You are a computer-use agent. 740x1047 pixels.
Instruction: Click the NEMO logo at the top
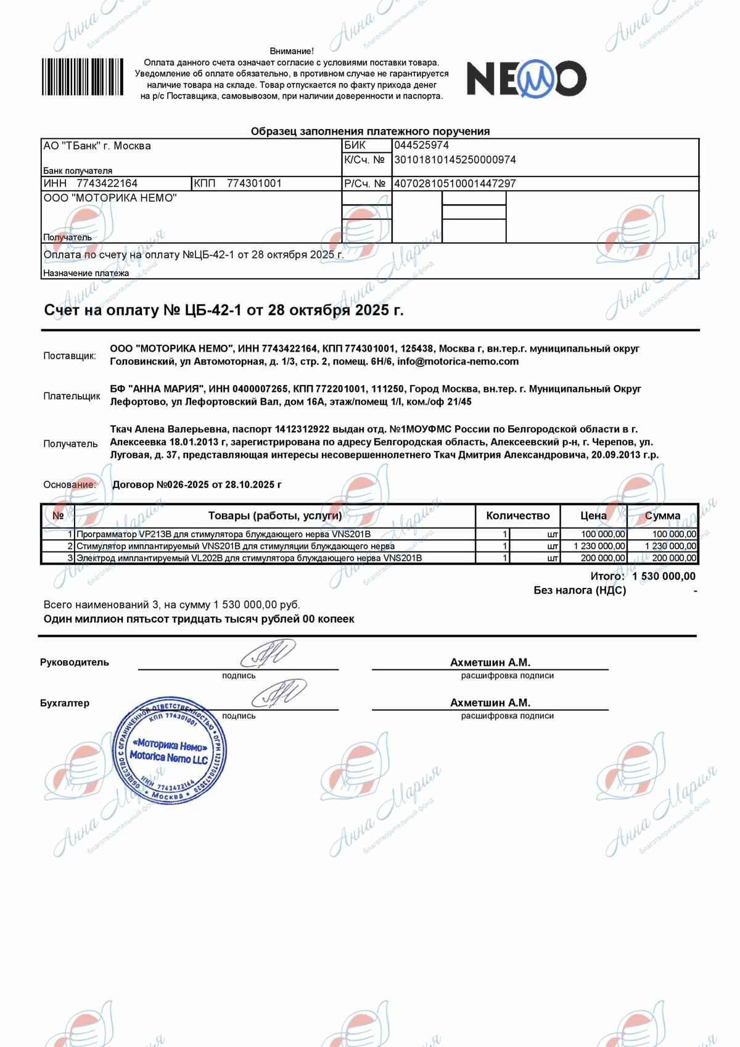tap(525, 78)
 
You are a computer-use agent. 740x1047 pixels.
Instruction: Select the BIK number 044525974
tap(421, 146)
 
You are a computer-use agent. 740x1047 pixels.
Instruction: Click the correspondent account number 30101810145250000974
tap(454, 160)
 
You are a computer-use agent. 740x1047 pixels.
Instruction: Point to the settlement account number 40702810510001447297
tap(454, 183)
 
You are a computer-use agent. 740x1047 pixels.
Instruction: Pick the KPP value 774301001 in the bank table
tap(254, 183)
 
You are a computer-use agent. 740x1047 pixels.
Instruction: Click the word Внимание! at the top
tap(292, 51)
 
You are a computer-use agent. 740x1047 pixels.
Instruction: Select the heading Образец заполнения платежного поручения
tap(370, 131)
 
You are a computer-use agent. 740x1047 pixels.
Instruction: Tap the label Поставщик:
tap(70, 356)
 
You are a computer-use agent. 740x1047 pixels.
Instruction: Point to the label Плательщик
tap(72, 396)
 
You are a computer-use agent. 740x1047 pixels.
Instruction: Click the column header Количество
tap(517, 516)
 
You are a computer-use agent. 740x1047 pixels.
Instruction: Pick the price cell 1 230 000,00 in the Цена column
tap(599, 546)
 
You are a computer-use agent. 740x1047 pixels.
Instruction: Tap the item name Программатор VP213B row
tap(223, 534)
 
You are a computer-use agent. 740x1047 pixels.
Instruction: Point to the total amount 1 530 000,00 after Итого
tap(664, 576)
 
